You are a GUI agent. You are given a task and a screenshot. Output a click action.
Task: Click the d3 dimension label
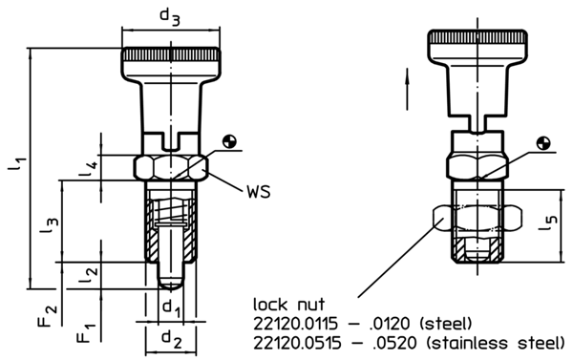point(169,16)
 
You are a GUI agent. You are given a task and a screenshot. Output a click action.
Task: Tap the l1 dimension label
point(18,166)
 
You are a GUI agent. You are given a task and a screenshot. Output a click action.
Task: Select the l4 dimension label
point(88,169)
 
